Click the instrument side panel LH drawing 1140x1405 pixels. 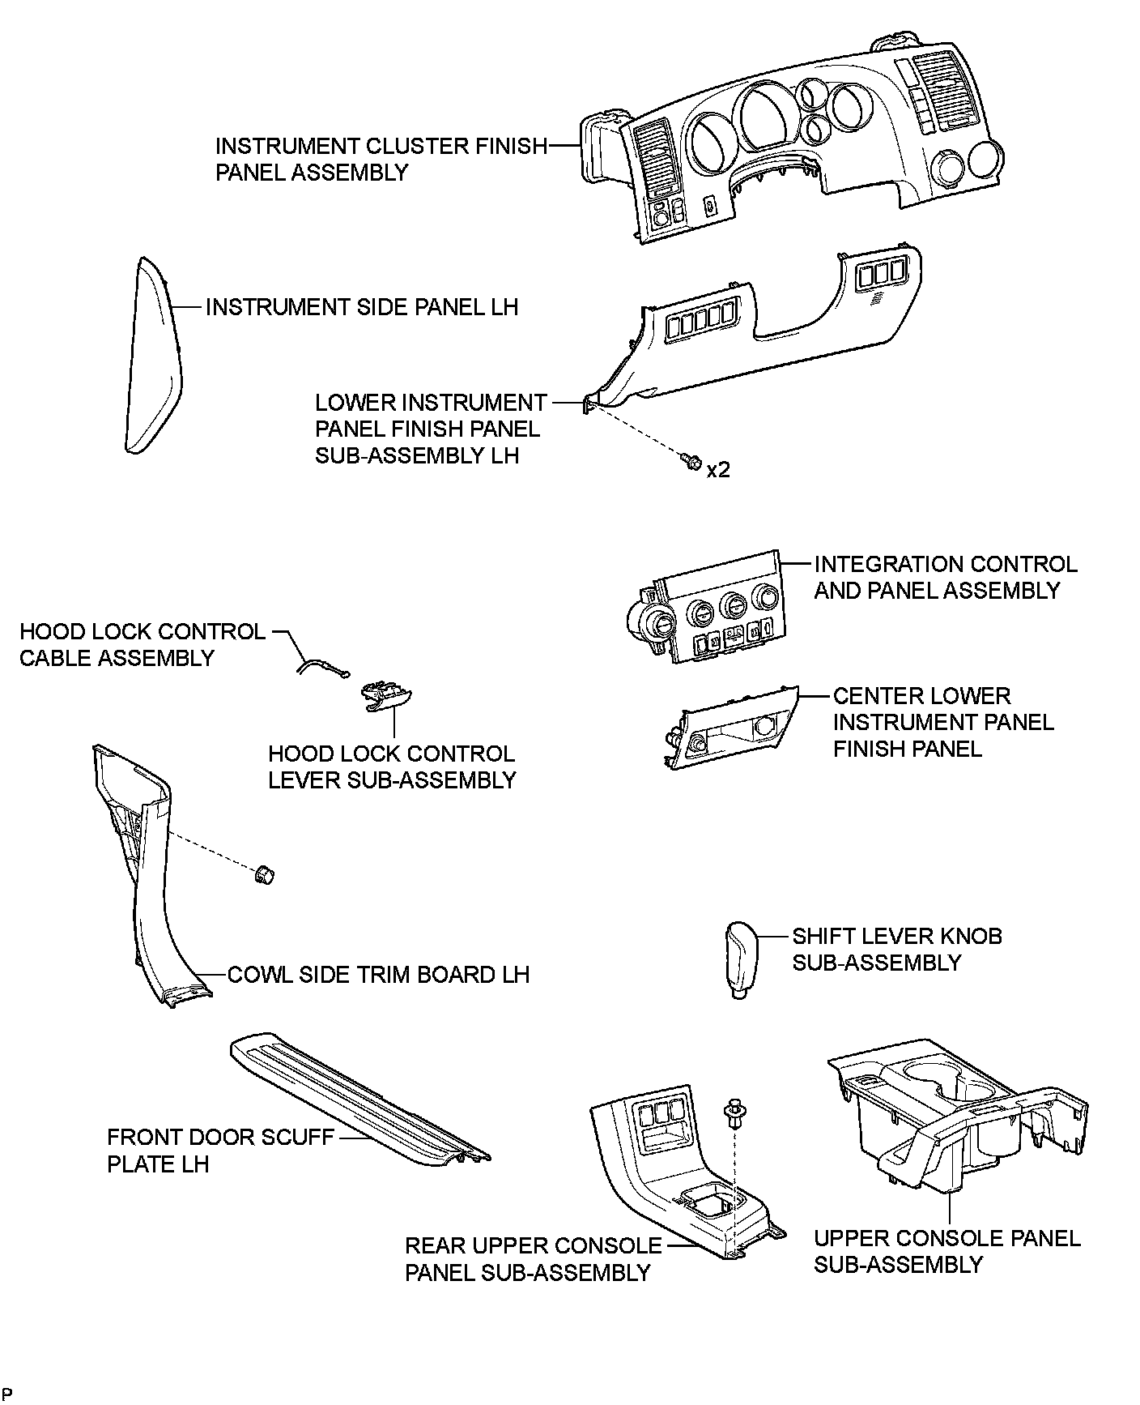coord(154,357)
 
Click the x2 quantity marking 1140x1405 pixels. coord(718,470)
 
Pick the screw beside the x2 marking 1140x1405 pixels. coord(691,463)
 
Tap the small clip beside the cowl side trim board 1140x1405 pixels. coord(264,875)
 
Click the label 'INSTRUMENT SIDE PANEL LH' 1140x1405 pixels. coord(361,308)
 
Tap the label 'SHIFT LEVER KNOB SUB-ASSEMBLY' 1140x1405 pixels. coord(897,950)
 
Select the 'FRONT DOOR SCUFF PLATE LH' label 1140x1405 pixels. coord(220,1151)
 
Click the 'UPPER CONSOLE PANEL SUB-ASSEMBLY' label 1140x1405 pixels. coord(946,1251)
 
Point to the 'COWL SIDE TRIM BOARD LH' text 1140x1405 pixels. coord(378,974)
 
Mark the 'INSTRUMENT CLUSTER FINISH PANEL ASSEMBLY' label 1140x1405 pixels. coord(381,160)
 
